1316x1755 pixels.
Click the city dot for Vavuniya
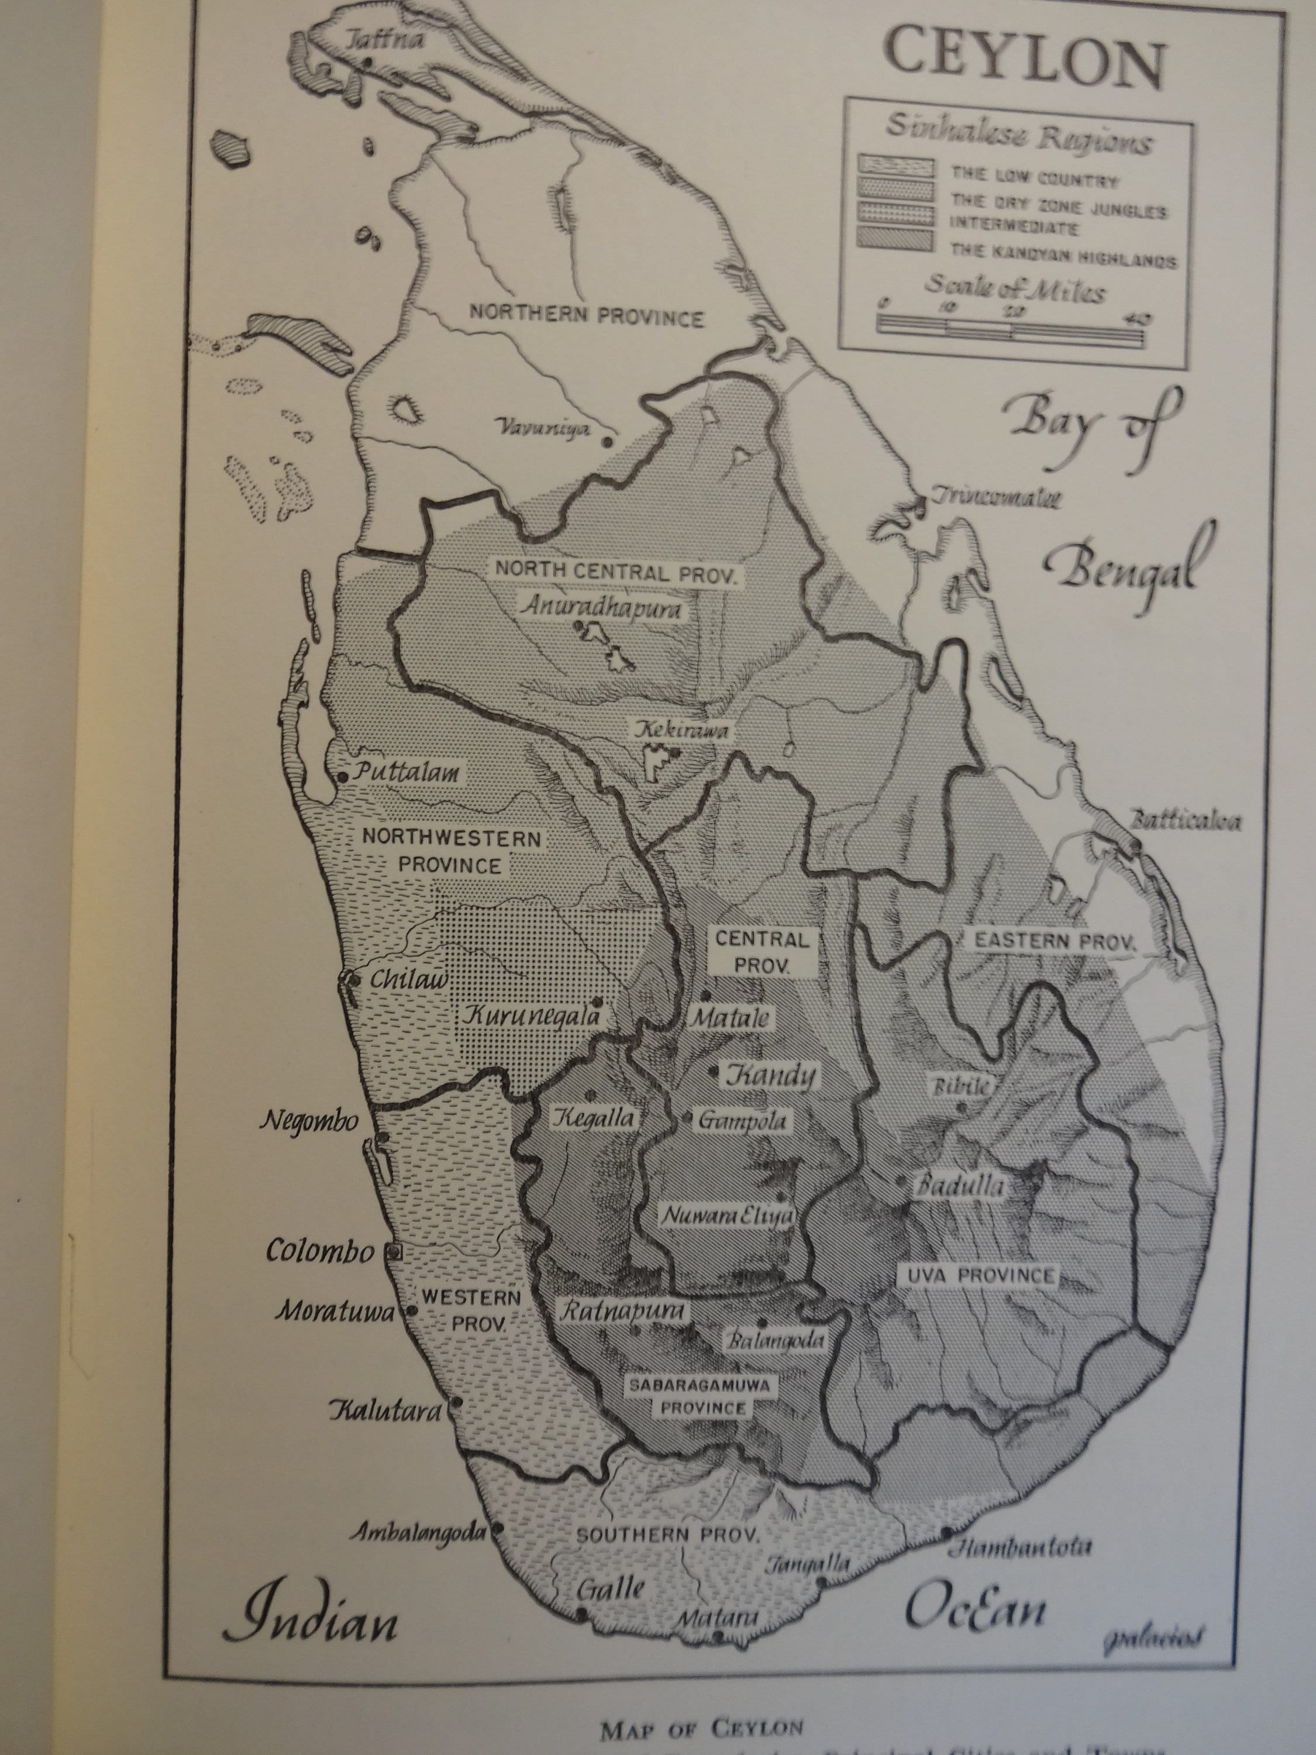click(608, 442)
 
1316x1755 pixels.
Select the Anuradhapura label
click(601, 608)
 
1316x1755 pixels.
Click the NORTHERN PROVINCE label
click(586, 316)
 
